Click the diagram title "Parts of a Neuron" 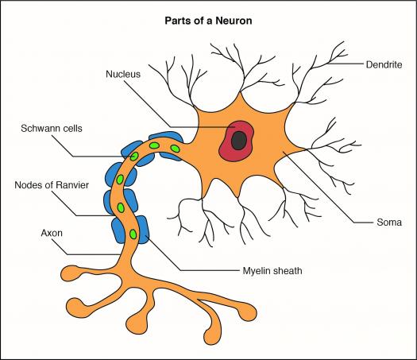click(208, 21)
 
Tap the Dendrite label click(384, 64)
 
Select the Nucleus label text click(123, 74)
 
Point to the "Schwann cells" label click(52, 128)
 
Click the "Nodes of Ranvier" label click(52, 185)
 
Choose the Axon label click(52, 233)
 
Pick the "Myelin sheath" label click(272, 271)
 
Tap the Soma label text click(389, 223)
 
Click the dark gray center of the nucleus click(238, 140)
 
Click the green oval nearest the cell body click(175, 148)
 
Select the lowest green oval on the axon click(133, 234)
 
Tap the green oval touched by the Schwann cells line click(134, 157)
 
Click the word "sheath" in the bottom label click(288, 271)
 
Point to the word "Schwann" click(41, 128)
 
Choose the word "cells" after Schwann click(72, 128)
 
